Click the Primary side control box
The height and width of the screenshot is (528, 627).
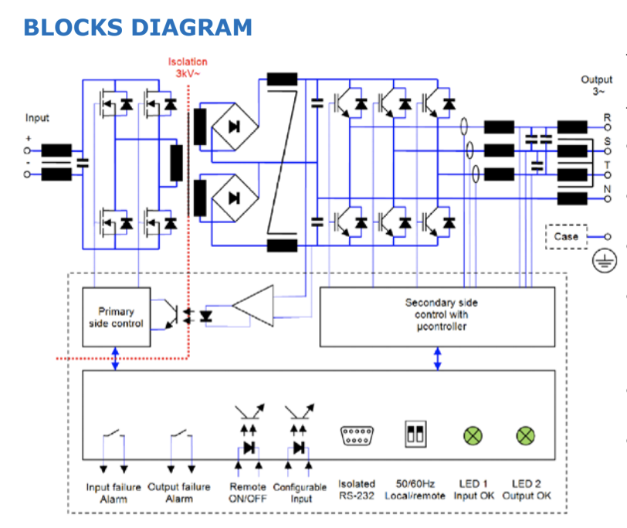point(116,317)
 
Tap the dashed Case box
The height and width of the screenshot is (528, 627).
point(566,237)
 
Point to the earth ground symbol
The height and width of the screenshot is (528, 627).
point(605,262)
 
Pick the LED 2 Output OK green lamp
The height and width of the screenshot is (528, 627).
point(525,436)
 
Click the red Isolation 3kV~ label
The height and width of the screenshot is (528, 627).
point(188,67)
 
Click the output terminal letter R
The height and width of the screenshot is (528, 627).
point(607,117)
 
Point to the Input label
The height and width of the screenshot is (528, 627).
point(37,118)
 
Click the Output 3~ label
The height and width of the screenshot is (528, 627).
point(596,85)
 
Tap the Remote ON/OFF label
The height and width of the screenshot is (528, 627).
point(248,492)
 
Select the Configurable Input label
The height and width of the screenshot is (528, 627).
point(301,492)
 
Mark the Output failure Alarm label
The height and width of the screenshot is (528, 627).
point(179,492)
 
